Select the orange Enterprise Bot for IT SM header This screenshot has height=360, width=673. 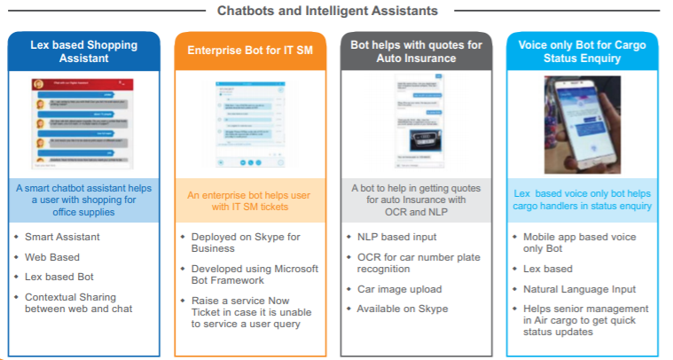(249, 51)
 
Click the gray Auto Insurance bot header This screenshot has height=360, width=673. (416, 51)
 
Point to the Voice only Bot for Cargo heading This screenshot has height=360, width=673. (583, 51)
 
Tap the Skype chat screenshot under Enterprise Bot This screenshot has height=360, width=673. (249, 124)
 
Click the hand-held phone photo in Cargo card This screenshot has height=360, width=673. (582, 123)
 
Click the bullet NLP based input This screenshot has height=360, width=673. (397, 237)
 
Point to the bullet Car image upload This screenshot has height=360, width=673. (398, 289)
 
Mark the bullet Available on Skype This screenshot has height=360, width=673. (403, 309)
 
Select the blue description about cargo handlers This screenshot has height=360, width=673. (583, 200)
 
